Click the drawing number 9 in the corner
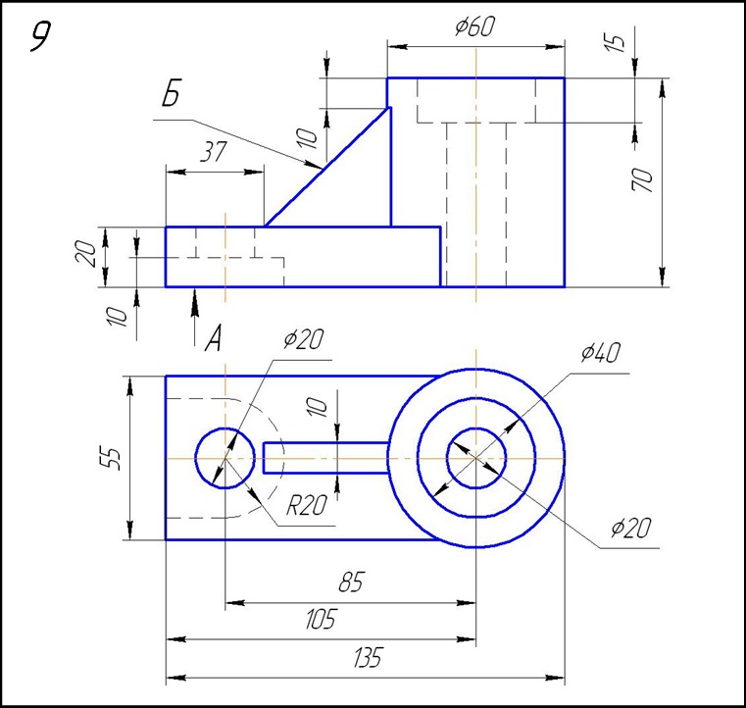(x=40, y=37)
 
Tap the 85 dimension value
(x=350, y=582)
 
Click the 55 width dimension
(x=114, y=457)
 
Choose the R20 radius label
(x=306, y=506)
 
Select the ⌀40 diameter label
(x=599, y=353)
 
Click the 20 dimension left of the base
(x=86, y=254)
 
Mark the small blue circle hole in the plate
(x=224, y=457)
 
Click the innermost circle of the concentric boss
(x=476, y=457)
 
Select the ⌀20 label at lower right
(x=629, y=530)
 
